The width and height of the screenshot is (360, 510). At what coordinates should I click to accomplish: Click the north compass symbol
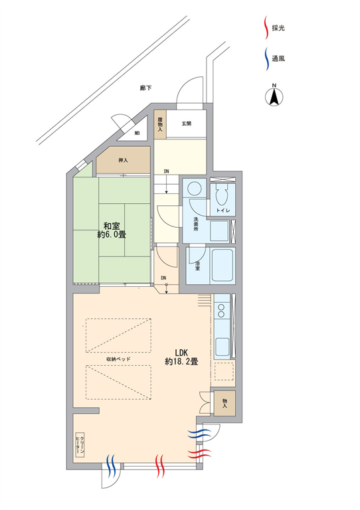click(x=274, y=95)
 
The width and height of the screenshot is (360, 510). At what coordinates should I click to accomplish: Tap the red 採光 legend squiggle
click(x=266, y=28)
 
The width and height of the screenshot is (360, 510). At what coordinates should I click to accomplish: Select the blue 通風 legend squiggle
click(x=266, y=59)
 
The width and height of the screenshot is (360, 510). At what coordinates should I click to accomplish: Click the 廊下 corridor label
click(x=145, y=88)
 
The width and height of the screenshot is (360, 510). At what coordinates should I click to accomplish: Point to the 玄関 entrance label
click(x=187, y=124)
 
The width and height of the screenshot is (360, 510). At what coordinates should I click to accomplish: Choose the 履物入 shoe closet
click(x=160, y=125)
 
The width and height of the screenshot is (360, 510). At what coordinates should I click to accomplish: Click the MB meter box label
click(x=137, y=133)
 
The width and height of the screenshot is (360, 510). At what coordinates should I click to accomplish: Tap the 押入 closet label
click(x=123, y=160)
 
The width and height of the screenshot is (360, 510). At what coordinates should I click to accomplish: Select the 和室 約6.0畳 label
click(x=112, y=230)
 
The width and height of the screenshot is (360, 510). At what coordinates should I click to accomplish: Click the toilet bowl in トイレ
click(x=222, y=196)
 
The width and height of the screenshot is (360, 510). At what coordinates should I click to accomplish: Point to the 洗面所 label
click(x=196, y=224)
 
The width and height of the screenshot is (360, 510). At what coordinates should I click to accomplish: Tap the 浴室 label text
click(x=197, y=266)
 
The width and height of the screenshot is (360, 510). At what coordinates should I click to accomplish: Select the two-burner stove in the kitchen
click(x=221, y=310)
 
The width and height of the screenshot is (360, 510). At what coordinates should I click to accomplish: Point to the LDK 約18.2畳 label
click(x=181, y=357)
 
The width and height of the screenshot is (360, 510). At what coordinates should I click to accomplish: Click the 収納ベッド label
click(x=118, y=359)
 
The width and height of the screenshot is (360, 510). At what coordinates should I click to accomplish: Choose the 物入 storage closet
click(x=225, y=403)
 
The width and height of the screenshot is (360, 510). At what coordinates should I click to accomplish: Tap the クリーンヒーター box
click(x=80, y=445)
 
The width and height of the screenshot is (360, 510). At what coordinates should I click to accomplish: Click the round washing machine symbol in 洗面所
click(x=195, y=188)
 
